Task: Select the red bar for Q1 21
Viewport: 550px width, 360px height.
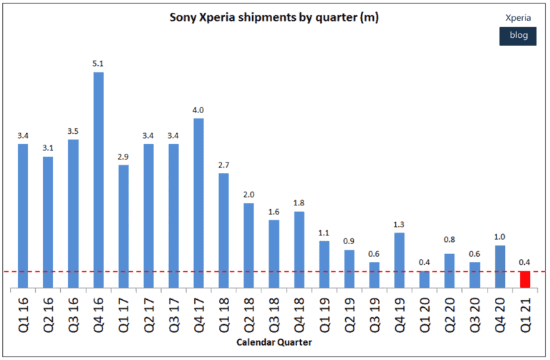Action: [x=525, y=280]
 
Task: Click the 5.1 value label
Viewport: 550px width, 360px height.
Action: [x=98, y=64]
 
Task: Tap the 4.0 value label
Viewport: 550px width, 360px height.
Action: [x=198, y=110]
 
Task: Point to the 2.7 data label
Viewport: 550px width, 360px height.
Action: [x=223, y=165]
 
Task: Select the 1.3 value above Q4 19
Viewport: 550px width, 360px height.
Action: [x=399, y=224]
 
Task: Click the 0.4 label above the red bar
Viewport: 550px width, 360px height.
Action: [x=525, y=262]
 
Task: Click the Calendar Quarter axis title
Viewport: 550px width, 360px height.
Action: [x=274, y=343]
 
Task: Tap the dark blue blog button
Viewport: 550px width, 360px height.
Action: [x=517, y=36]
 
